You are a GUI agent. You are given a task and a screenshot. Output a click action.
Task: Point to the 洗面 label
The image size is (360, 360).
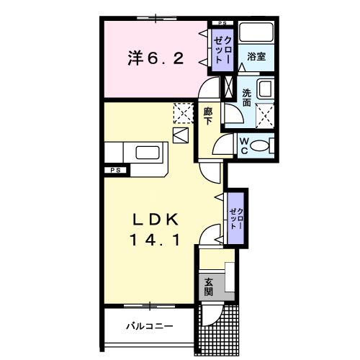coord(247,98)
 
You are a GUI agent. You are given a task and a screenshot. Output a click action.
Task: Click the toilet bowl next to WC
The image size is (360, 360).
coord(261,146)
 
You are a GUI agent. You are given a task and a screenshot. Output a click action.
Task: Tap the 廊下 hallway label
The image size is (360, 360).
coord(208,116)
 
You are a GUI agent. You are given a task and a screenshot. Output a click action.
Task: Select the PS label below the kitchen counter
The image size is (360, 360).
coord(114,170)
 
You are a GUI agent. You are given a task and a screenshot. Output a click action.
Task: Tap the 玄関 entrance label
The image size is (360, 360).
coord(208,287)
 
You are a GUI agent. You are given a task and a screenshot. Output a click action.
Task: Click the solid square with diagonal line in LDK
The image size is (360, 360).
coord(181,135)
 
